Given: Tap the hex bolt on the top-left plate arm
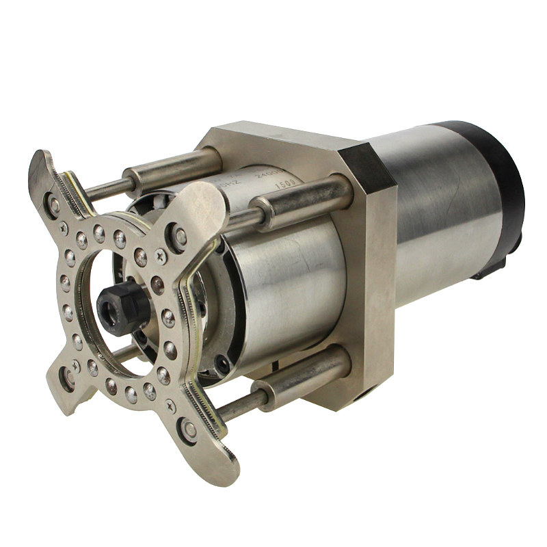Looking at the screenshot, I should (x=53, y=204).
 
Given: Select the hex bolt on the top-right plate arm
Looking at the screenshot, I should (x=179, y=237).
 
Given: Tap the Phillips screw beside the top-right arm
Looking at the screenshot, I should (x=162, y=256).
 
